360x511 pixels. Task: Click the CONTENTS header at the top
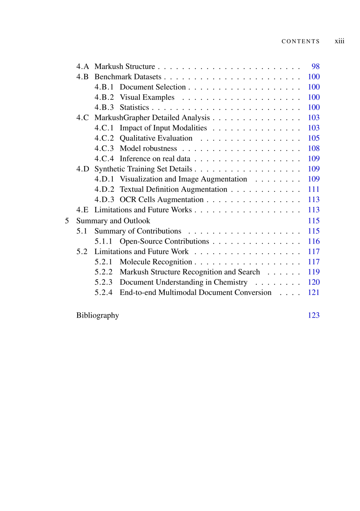tap(300, 41)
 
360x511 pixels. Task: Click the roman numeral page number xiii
tap(339, 41)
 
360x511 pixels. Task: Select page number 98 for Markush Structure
tap(315, 67)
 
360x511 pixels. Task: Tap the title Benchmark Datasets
tap(128, 77)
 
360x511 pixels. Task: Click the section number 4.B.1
tap(104, 87)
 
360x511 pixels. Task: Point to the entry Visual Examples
tap(147, 97)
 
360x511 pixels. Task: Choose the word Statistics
tap(134, 108)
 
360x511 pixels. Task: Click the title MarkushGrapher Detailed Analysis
tap(152, 118)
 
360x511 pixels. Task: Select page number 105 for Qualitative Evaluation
tap(314, 138)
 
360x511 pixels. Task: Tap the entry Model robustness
tap(148, 149)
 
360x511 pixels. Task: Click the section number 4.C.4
tap(104, 159)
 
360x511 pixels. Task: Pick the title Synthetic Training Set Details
tap(143, 169)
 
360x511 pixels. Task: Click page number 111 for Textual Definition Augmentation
tap(314, 189)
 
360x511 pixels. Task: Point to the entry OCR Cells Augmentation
tap(162, 200)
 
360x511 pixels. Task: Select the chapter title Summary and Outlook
tap(113, 221)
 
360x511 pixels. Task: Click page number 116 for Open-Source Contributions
tap(314, 241)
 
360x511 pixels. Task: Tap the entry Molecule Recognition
tap(156, 262)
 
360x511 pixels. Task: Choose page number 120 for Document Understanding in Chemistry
tap(314, 282)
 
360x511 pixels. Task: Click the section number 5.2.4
tap(103, 293)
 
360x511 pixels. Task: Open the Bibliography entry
tap(97, 315)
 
